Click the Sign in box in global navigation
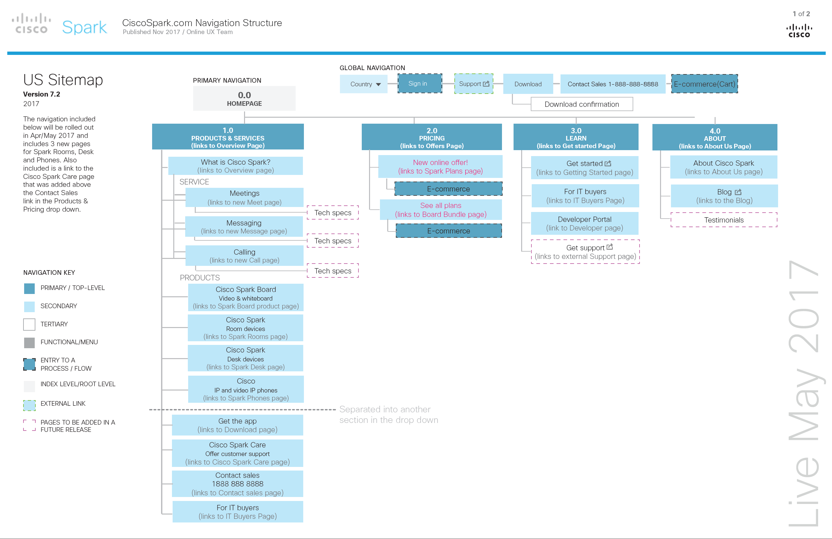tap(420, 84)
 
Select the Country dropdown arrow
tap(378, 85)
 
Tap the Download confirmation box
tap(581, 104)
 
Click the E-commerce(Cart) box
tap(704, 84)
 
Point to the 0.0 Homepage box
tap(244, 99)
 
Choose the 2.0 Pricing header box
tap(432, 137)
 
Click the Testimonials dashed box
tap(723, 220)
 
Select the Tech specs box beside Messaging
tap(332, 241)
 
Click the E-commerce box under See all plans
tap(448, 231)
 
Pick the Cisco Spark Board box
tap(245, 298)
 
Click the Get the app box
tap(237, 425)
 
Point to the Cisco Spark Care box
tap(237, 453)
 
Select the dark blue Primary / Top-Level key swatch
tap(29, 288)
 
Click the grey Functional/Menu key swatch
tap(29, 343)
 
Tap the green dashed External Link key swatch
tap(29, 405)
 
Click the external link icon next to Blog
tap(738, 192)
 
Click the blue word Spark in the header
tap(84, 27)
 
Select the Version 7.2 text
tap(42, 94)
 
